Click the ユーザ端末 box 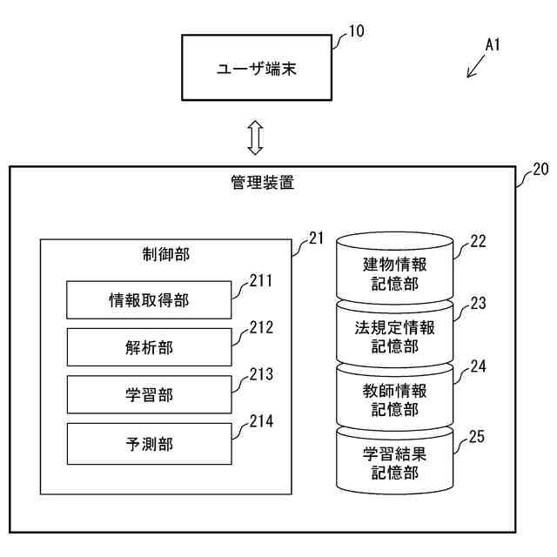257,68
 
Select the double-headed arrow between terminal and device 255,138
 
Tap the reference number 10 356,32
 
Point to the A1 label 493,44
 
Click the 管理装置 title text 262,183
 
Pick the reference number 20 540,171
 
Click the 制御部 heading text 166,254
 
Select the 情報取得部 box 149,300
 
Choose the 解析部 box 149,347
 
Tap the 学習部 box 149,394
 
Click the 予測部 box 149,442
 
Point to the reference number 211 260,281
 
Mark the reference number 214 260,422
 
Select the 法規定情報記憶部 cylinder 395,335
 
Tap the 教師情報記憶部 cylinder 395,399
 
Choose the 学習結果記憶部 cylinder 395,461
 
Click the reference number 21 316,238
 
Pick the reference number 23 478,304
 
